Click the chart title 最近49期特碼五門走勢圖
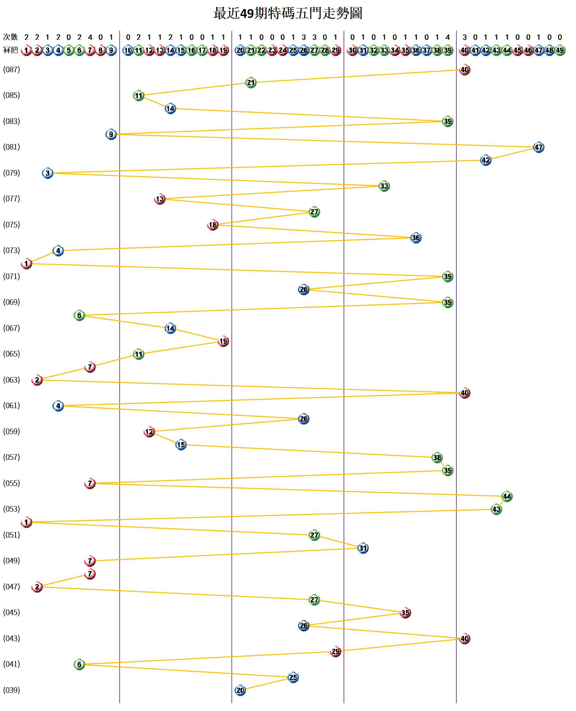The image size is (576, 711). (x=288, y=14)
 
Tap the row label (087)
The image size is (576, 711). (x=12, y=70)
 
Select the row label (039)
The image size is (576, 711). (x=12, y=690)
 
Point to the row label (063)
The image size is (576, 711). (x=12, y=380)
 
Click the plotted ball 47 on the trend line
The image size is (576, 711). (x=538, y=147)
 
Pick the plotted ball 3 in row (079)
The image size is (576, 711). (x=47, y=173)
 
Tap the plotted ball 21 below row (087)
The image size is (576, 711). (x=251, y=83)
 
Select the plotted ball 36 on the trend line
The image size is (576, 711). (x=415, y=238)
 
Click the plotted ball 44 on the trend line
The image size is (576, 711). (x=507, y=496)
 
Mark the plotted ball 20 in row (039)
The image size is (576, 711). (x=240, y=690)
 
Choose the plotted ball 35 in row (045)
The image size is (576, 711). (x=405, y=613)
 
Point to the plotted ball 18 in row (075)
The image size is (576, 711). (x=212, y=225)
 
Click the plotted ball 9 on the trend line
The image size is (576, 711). (x=111, y=134)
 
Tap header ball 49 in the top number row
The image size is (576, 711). (x=560, y=50)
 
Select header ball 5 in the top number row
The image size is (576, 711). (x=69, y=50)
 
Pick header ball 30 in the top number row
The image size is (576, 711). (x=352, y=50)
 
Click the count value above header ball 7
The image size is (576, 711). (x=90, y=37)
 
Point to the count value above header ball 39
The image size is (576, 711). (x=448, y=37)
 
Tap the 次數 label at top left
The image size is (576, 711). (x=10, y=37)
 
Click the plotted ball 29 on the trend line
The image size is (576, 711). (x=335, y=651)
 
